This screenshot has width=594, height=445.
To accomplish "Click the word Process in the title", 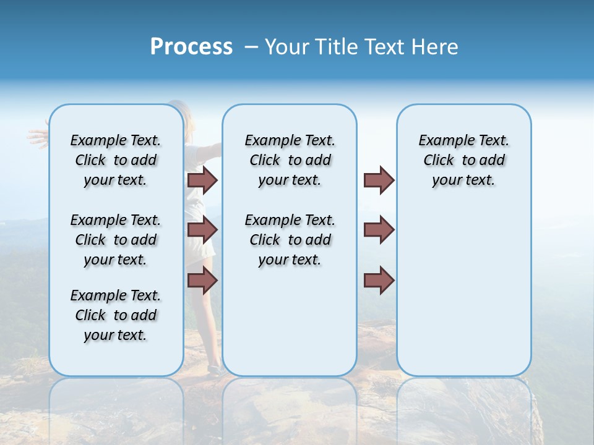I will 191,47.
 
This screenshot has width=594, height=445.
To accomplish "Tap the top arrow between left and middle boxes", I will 202,180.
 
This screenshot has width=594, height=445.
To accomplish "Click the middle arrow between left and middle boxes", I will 202,230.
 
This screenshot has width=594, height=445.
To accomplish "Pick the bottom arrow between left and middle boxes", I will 202,280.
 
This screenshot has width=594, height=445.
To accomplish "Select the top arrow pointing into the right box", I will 379,180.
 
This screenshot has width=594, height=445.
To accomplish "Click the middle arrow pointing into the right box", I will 379,230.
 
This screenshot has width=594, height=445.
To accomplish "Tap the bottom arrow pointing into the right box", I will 379,280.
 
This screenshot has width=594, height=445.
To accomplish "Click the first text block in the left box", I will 116,160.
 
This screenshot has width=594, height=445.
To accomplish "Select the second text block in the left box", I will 116,240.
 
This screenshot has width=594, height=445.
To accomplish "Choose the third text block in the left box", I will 116,315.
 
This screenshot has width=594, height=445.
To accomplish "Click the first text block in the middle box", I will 290,160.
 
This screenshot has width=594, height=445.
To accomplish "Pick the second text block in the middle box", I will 290,240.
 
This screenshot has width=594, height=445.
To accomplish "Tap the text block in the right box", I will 463,160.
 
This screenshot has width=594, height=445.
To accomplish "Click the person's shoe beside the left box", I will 214,370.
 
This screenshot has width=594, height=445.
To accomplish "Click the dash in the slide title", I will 251,47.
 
